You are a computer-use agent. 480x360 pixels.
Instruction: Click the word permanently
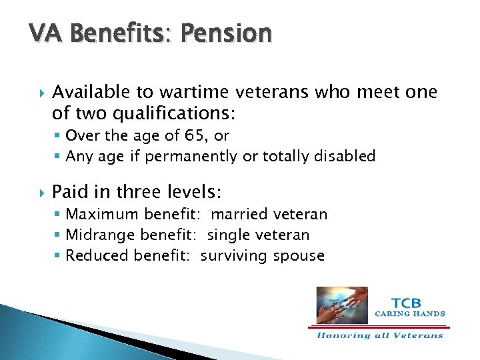pyautogui.click(x=199, y=156)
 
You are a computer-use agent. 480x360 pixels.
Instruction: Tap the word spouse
pyautogui.click(x=299, y=255)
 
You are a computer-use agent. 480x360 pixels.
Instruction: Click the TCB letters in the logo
pyautogui.click(x=405, y=300)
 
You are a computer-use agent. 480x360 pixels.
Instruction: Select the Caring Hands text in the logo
pyautogui.click(x=410, y=313)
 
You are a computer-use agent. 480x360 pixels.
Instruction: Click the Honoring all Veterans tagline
pyautogui.click(x=379, y=335)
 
